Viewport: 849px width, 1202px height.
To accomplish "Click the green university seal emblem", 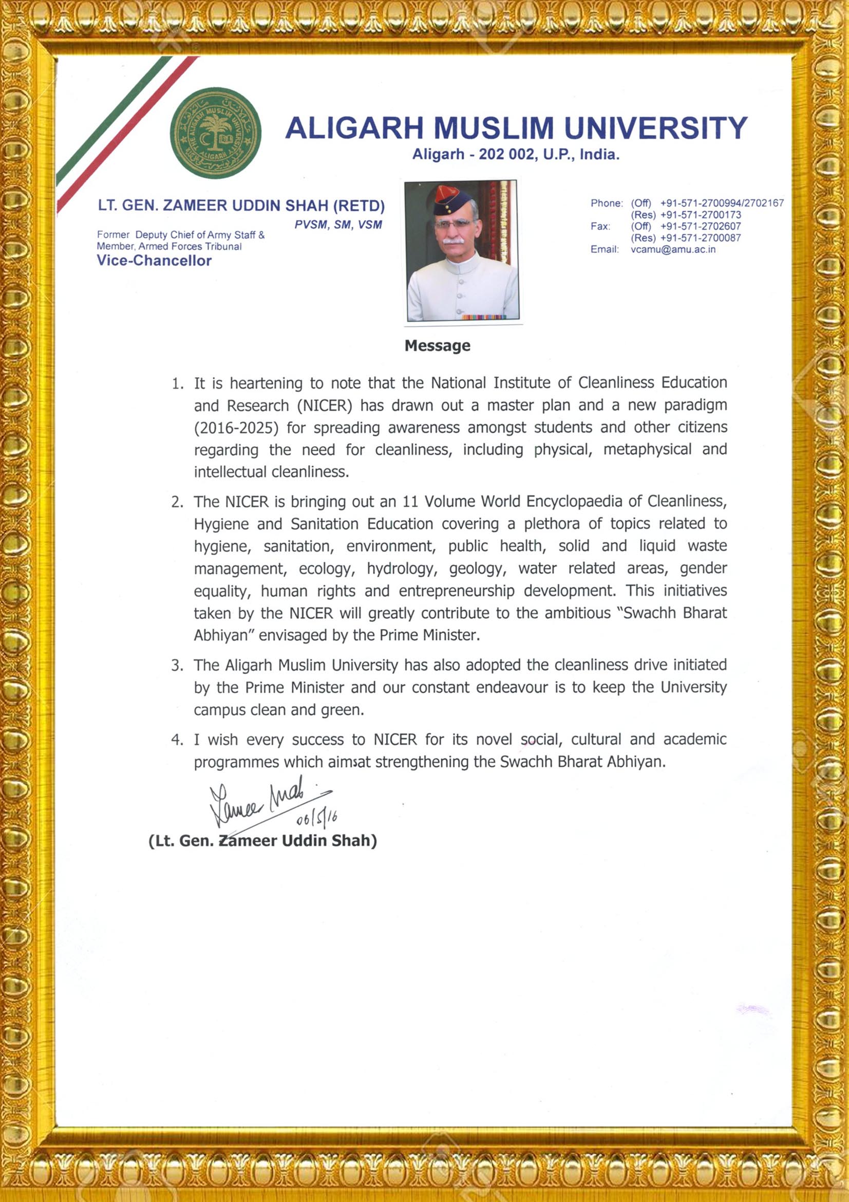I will [x=216, y=133].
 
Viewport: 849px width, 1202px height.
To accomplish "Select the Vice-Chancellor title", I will [x=154, y=261].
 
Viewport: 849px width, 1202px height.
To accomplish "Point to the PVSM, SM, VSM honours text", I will [x=338, y=225].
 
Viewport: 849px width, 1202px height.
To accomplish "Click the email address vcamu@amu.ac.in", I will [x=673, y=249].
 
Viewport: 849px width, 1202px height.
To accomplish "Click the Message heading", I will [x=437, y=345].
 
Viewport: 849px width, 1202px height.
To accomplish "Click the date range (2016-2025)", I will [x=236, y=428].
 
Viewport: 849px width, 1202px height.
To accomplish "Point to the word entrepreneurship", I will [x=457, y=591].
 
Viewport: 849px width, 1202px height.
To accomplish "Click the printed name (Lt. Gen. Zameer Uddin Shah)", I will [x=262, y=841].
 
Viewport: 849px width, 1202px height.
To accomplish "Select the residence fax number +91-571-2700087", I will [x=701, y=238].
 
